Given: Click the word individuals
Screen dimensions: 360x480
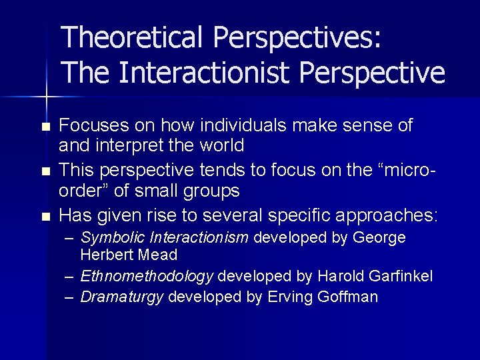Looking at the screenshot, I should click(x=233, y=125).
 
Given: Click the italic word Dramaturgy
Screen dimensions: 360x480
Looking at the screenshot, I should click(x=122, y=297).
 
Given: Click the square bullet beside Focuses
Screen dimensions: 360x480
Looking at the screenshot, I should click(x=45, y=127).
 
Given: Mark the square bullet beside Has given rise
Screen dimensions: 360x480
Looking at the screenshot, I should click(x=45, y=217).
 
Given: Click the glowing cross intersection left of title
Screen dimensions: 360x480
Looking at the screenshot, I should click(x=45, y=97).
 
